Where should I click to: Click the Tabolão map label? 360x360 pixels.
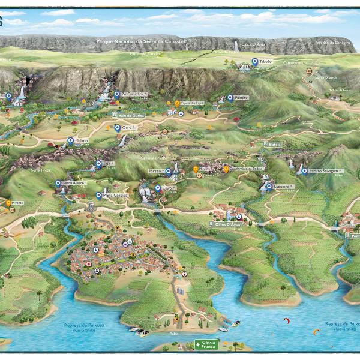266,62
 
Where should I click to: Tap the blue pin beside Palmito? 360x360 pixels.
230,97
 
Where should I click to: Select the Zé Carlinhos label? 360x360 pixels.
134,94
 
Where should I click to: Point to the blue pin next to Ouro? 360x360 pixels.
117,128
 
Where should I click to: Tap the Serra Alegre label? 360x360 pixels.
74,182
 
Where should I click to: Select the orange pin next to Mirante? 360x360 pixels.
8,203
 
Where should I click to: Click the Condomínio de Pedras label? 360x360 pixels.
246,169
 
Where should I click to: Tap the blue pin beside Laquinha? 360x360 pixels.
268,187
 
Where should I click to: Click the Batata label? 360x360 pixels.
275,144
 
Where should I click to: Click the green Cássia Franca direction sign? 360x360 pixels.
207,344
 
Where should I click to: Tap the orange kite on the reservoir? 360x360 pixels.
316,331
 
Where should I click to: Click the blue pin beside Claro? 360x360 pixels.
158,188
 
